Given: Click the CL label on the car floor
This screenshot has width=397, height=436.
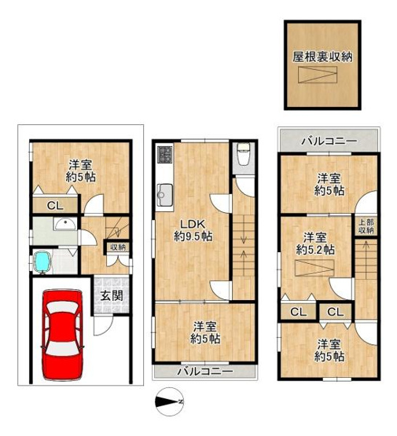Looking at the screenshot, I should (53, 206).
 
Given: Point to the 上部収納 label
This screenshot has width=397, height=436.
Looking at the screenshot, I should (366, 226).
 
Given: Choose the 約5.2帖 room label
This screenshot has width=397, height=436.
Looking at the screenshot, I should (314, 243).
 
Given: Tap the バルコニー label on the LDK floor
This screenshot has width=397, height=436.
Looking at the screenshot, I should (204, 370).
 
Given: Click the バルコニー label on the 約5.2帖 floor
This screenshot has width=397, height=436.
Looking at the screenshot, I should (329, 141).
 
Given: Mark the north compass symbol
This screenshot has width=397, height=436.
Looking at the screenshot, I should (167, 403).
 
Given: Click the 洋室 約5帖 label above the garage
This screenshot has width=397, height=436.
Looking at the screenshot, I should (77, 170).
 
